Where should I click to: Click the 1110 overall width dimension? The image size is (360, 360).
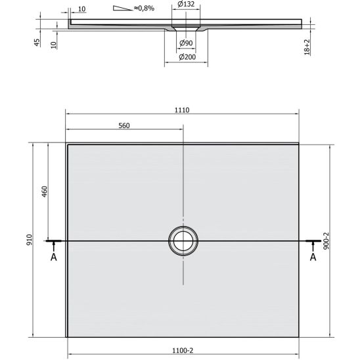tap(182, 110)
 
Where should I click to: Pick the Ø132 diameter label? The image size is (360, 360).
tap(186, 5)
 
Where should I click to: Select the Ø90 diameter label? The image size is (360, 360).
tap(186, 43)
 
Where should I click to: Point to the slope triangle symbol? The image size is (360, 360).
tap(122, 9)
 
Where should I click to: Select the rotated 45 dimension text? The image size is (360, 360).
tap(37, 42)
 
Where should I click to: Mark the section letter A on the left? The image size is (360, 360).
tap(54, 257)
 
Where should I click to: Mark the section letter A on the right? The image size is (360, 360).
tap(313, 257)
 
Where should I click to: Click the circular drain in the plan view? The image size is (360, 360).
tap(183, 240)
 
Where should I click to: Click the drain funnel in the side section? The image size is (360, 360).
tap(185, 30)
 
